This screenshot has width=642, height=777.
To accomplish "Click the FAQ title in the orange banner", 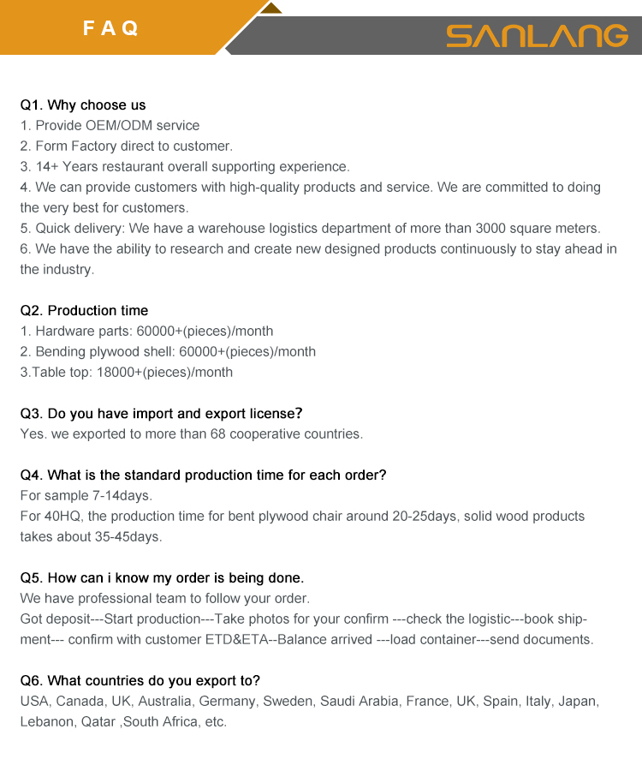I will [x=110, y=28].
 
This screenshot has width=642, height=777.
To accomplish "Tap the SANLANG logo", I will [x=537, y=35].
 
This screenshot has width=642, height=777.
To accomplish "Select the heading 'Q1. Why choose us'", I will [x=83, y=105].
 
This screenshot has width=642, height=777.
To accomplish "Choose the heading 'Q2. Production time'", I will [x=84, y=311].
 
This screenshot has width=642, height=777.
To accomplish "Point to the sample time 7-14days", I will [x=124, y=496].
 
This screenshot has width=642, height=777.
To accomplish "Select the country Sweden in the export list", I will [x=288, y=702].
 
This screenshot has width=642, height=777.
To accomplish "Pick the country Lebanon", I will [x=47, y=722].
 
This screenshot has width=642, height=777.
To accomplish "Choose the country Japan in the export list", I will [x=577, y=702].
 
